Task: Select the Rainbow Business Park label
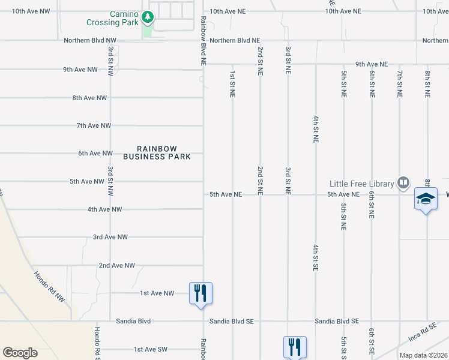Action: [x=157, y=152]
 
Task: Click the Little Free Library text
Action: [x=361, y=184]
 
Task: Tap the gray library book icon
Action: [x=403, y=182]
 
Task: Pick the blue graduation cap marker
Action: [x=426, y=199]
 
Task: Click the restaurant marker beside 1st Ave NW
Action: [x=201, y=293]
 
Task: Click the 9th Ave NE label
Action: [x=372, y=64]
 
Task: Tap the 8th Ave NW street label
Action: [x=89, y=98]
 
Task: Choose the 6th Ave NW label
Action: [x=95, y=154]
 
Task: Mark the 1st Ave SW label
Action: [x=150, y=349]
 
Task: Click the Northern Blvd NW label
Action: [x=90, y=40]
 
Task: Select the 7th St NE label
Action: [x=399, y=83]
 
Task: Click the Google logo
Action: [x=20, y=353]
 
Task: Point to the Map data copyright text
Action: [x=423, y=355]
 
